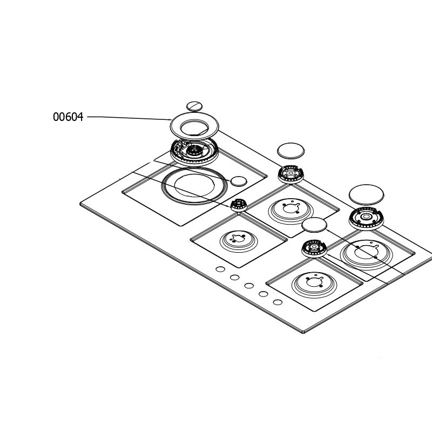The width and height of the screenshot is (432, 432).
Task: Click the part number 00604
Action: (68, 117)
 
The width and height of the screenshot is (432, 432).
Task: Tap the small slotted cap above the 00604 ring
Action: (194, 106)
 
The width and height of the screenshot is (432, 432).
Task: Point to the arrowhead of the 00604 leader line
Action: (170, 119)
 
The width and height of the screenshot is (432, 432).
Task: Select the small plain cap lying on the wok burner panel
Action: (239, 181)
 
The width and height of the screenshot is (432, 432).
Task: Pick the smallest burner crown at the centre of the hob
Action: (239, 205)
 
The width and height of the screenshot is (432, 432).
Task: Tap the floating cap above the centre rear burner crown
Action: (291, 151)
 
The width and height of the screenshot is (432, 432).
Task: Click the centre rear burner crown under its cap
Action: (291, 174)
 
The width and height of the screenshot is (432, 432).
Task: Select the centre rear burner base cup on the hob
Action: (291, 211)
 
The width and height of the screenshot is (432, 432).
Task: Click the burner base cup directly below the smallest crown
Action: (239, 241)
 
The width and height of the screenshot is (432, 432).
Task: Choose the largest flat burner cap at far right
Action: (367, 195)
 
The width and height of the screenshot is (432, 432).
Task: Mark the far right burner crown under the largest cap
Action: (366, 219)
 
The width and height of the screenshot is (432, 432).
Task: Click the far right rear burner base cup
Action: (367, 255)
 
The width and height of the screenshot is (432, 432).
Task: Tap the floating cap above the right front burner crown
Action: (314, 225)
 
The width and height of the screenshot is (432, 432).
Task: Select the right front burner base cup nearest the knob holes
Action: (314, 285)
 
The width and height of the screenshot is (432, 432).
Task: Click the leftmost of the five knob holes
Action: (220, 269)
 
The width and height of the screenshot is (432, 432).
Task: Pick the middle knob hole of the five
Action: (249, 286)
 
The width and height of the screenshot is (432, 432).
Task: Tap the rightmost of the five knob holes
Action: (278, 302)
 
